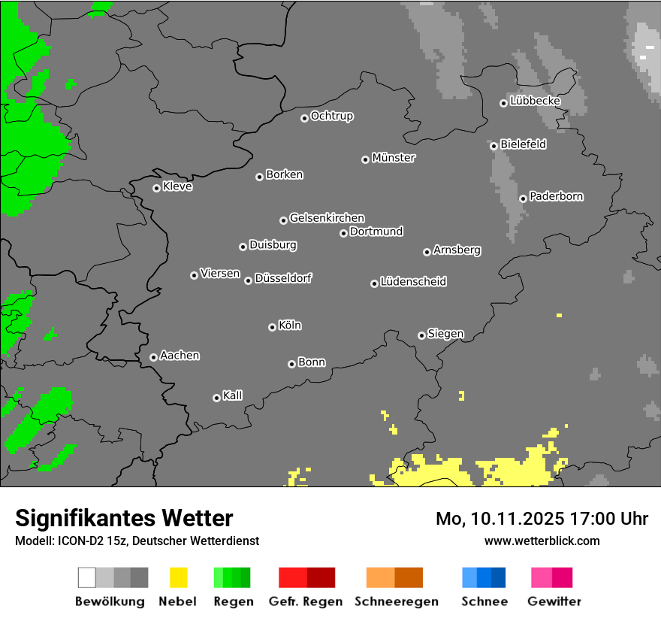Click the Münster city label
pos(394,158)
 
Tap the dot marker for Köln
pos(272,327)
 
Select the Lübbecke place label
pos(535,101)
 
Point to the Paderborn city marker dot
pos(523,198)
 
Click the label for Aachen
pos(180,356)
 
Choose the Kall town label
pos(233,395)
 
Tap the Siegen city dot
pos(421,335)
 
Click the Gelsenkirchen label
pos(327,218)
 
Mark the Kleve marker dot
pos(156,188)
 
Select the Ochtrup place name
pos(332,116)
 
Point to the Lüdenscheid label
pos(413,282)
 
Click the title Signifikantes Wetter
pos(124,518)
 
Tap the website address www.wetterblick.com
pos(542,541)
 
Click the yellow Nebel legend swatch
pos(178,577)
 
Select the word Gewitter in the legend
pos(554,601)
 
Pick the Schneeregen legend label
pos(397,601)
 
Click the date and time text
pos(542,519)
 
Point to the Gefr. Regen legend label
pos(306,601)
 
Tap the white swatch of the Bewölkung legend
pos(86,577)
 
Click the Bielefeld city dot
pos(493,146)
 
